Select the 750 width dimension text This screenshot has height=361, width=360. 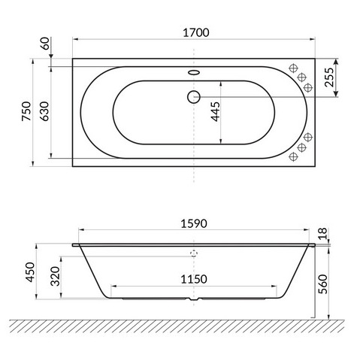point(26,114)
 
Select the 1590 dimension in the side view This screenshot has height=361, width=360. point(194,223)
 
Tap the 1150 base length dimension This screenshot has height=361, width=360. point(194,279)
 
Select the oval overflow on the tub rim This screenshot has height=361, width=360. point(194,74)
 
